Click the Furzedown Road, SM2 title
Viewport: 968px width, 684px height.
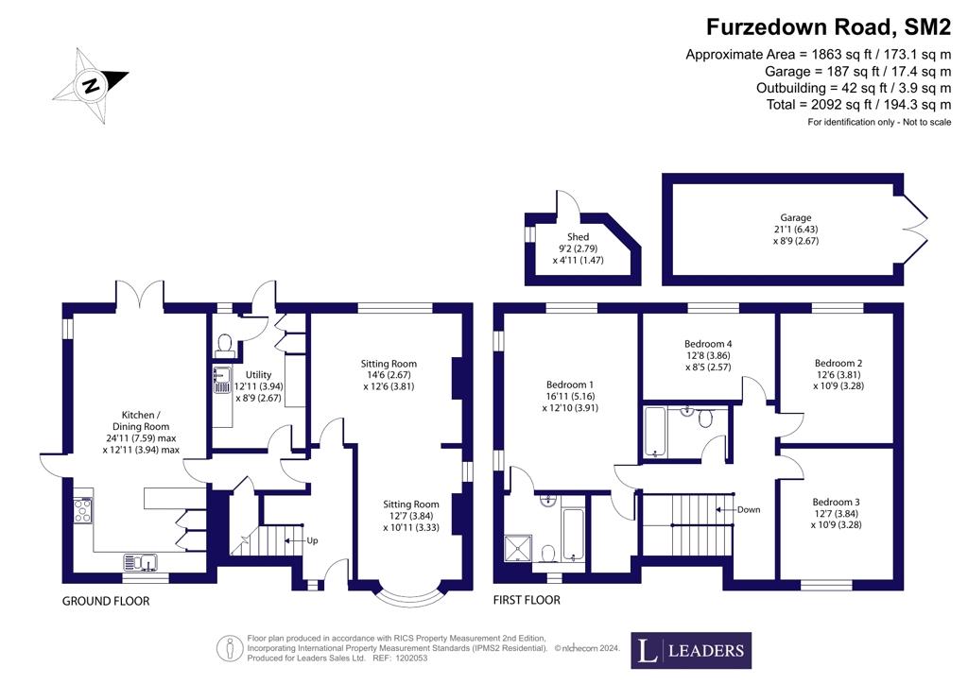pyautogui.click(x=828, y=27)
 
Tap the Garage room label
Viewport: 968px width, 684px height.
pyautogui.click(x=795, y=217)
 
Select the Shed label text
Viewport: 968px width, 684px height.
pyautogui.click(x=578, y=237)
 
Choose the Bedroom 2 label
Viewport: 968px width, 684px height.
pyautogui.click(x=838, y=364)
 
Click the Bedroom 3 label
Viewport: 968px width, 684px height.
pyautogui.click(x=836, y=502)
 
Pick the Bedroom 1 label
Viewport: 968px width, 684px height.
pyautogui.click(x=570, y=385)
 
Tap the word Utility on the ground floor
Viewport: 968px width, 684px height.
pyautogui.click(x=258, y=374)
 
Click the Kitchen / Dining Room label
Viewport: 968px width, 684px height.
pyautogui.click(x=141, y=420)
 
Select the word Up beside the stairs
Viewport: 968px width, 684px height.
pyautogui.click(x=312, y=541)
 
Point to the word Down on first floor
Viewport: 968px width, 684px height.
pyautogui.click(x=749, y=510)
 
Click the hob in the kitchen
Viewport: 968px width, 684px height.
pyautogui.click(x=83, y=510)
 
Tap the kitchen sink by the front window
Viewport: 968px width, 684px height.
pyautogui.click(x=141, y=561)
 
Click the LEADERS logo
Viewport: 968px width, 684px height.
pyautogui.click(x=691, y=650)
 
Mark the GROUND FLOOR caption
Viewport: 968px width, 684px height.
pyautogui.click(x=106, y=601)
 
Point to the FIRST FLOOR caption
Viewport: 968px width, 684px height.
pyautogui.click(x=527, y=600)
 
